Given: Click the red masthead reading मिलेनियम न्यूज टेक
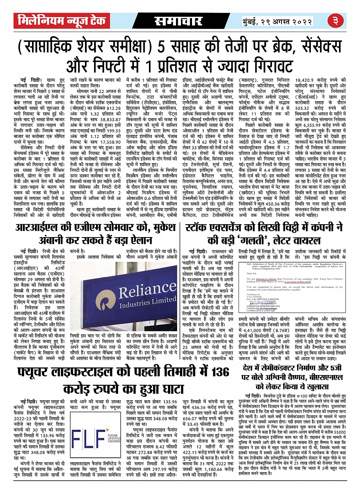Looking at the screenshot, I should (x=60, y=20).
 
